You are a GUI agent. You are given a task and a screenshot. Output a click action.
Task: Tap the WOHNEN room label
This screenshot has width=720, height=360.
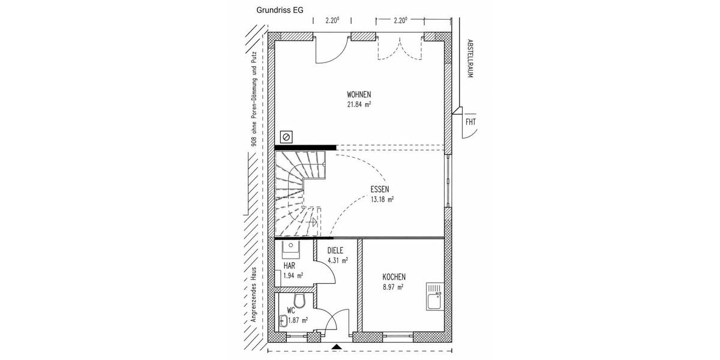coord(359,95)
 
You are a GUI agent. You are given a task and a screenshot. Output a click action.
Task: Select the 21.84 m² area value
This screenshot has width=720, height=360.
coord(359,104)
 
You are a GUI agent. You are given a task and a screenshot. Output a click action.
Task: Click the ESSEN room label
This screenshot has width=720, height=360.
coord(380,189)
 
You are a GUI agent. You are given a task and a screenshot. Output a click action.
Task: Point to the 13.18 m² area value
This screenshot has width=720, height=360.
coord(382,199)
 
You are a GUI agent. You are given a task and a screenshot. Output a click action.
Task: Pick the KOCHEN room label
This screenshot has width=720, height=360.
coord(394,277)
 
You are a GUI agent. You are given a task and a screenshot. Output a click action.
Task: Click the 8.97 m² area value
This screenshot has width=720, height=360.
coord(392,287)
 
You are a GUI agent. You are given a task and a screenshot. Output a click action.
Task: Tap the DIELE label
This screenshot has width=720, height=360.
coord(336,251)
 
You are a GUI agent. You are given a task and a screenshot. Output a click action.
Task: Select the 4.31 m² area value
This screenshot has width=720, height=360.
coord(337,260)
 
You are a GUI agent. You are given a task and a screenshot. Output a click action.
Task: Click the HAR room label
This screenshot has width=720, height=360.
coord(289,265)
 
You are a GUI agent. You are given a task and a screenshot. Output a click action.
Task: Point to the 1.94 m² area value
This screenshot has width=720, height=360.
coord(293,275)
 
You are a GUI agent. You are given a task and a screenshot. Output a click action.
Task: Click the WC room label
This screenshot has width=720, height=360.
coord(291,311)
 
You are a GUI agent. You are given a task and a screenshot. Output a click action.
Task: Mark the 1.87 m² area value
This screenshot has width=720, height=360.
coord(298,320)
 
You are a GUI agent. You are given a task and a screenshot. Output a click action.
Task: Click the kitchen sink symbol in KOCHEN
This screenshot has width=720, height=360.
coord(434,298)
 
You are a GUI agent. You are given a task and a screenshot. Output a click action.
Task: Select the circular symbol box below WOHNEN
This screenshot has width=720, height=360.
coord(286,137)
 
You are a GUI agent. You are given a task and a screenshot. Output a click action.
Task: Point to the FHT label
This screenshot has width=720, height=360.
coord(470,122)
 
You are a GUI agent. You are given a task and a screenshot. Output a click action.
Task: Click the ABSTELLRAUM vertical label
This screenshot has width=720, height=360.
coord(470,59)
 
